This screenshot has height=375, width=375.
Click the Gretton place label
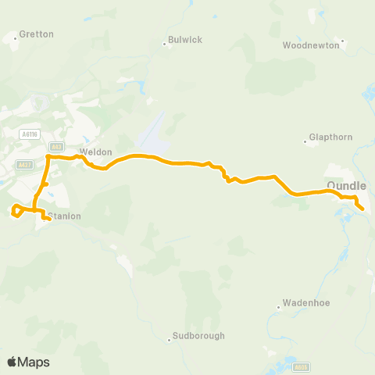tap(36, 34)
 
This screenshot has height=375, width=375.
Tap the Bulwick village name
tap(184, 39)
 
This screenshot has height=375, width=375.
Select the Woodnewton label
tap(311, 45)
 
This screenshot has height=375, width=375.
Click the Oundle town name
tap(346, 185)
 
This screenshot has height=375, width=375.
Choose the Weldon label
tap(96, 152)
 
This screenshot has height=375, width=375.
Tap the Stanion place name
tap(65, 216)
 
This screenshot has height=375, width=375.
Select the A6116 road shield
tap(30, 135)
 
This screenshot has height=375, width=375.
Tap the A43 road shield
tap(55, 146)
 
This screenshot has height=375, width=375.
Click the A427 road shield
tap(24, 164)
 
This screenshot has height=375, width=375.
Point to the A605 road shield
tap(302, 366)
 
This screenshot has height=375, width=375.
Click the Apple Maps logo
tap(27, 362)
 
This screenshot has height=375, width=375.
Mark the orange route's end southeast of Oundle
tap(363, 209)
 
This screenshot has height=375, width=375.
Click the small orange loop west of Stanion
tap(16, 209)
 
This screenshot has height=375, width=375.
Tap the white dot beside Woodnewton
tap(343, 40)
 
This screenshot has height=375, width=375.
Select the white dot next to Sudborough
tap(169, 339)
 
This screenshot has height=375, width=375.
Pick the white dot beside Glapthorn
tap(305, 142)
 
